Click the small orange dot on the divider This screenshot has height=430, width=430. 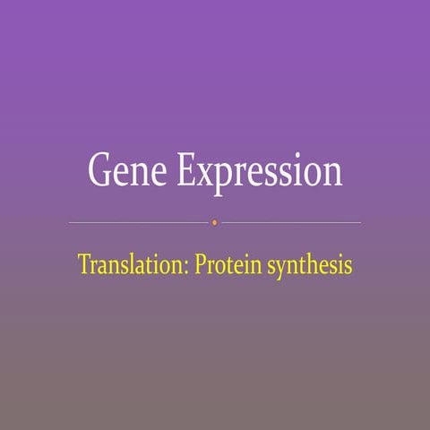pyautogui.click(x=214, y=221)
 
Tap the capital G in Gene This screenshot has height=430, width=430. pyautogui.click(x=99, y=169)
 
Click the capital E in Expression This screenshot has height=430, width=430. pyautogui.click(x=186, y=169)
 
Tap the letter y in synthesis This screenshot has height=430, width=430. pyautogui.click(x=278, y=269)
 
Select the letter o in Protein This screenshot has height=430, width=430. pyautogui.click(x=219, y=267)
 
